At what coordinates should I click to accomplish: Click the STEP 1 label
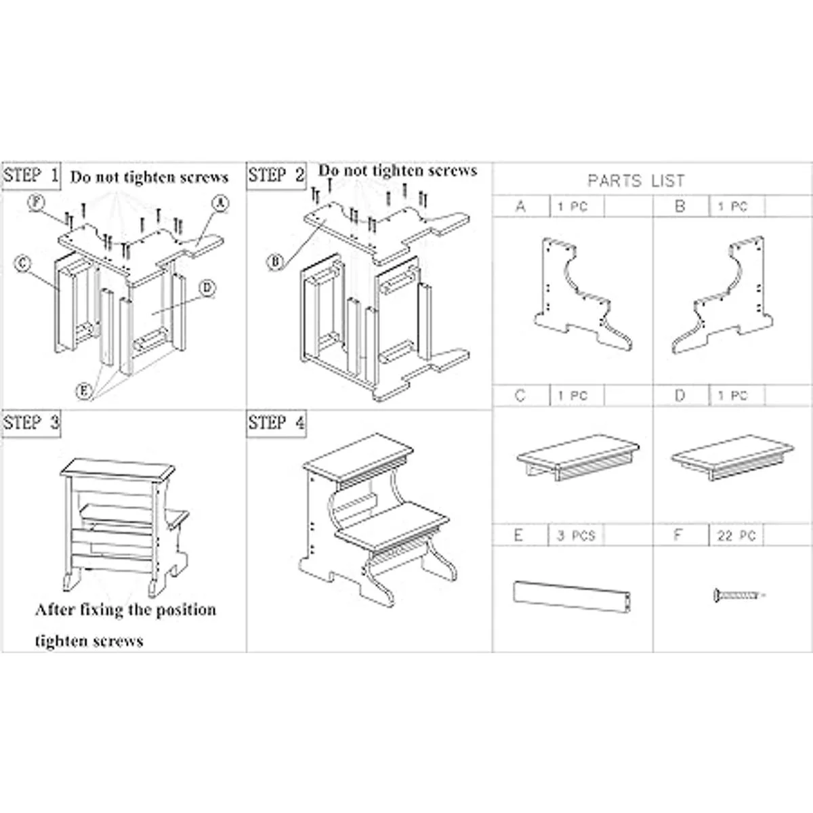coord(32,176)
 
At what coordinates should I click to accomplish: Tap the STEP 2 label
coord(276,176)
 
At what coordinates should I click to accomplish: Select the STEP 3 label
coord(32,423)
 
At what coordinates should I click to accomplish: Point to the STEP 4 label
coord(276,423)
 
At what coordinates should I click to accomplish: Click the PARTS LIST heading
coord(635,181)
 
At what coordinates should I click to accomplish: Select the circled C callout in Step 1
coord(22,264)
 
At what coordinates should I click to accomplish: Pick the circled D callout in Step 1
coord(207,289)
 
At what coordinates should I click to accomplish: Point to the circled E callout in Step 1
coord(83,390)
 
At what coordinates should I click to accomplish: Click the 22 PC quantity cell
coord(734,535)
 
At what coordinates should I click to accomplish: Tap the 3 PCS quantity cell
coord(575,535)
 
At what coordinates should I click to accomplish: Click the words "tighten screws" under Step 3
coord(89,640)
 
